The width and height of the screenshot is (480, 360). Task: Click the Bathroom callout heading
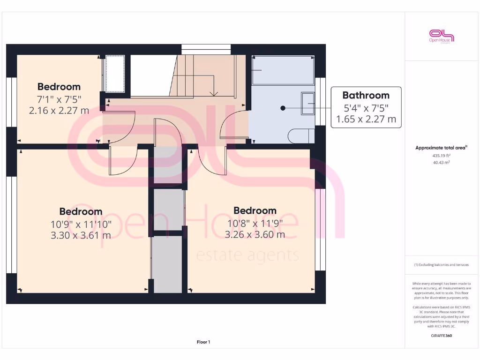click(x=366, y=95)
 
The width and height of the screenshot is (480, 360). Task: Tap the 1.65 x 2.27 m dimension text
click(x=366, y=119)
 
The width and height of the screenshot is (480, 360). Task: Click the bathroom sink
click(x=308, y=103)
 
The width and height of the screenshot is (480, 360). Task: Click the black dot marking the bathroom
click(x=283, y=108)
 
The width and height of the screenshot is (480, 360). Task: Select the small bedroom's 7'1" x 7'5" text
click(x=59, y=99)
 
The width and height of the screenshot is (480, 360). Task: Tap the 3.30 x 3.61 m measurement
click(x=81, y=235)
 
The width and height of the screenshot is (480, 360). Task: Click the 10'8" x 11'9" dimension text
click(x=255, y=223)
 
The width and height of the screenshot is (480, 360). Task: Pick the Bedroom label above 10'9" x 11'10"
click(x=81, y=211)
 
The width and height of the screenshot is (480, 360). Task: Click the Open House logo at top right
click(x=442, y=36)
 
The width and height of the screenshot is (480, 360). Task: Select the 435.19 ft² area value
click(x=442, y=155)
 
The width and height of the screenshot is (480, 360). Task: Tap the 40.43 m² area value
click(x=442, y=163)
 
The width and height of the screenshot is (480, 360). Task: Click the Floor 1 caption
click(x=203, y=342)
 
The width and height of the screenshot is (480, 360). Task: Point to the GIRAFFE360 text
click(x=442, y=336)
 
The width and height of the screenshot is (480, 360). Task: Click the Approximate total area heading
click(x=441, y=148)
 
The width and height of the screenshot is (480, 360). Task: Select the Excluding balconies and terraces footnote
click(x=442, y=265)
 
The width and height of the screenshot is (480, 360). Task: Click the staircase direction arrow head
click(x=214, y=94)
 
